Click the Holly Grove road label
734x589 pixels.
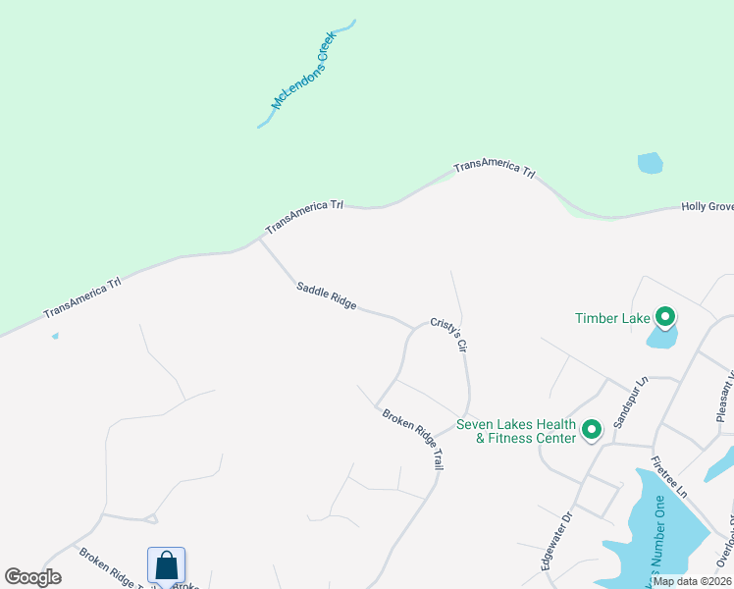(x=708, y=207)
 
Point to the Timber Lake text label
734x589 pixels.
(x=613, y=318)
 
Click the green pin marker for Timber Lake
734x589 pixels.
(x=664, y=317)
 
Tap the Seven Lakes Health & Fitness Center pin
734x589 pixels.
(x=592, y=430)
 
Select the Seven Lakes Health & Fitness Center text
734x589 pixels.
(x=516, y=432)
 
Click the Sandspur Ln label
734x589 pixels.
(x=632, y=402)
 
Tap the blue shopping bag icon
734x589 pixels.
(x=166, y=566)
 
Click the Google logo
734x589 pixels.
(x=32, y=577)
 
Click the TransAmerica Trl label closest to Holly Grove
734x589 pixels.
(x=494, y=169)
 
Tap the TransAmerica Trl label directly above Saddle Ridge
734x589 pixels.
(x=304, y=216)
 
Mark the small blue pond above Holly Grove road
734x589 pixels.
(x=650, y=163)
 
